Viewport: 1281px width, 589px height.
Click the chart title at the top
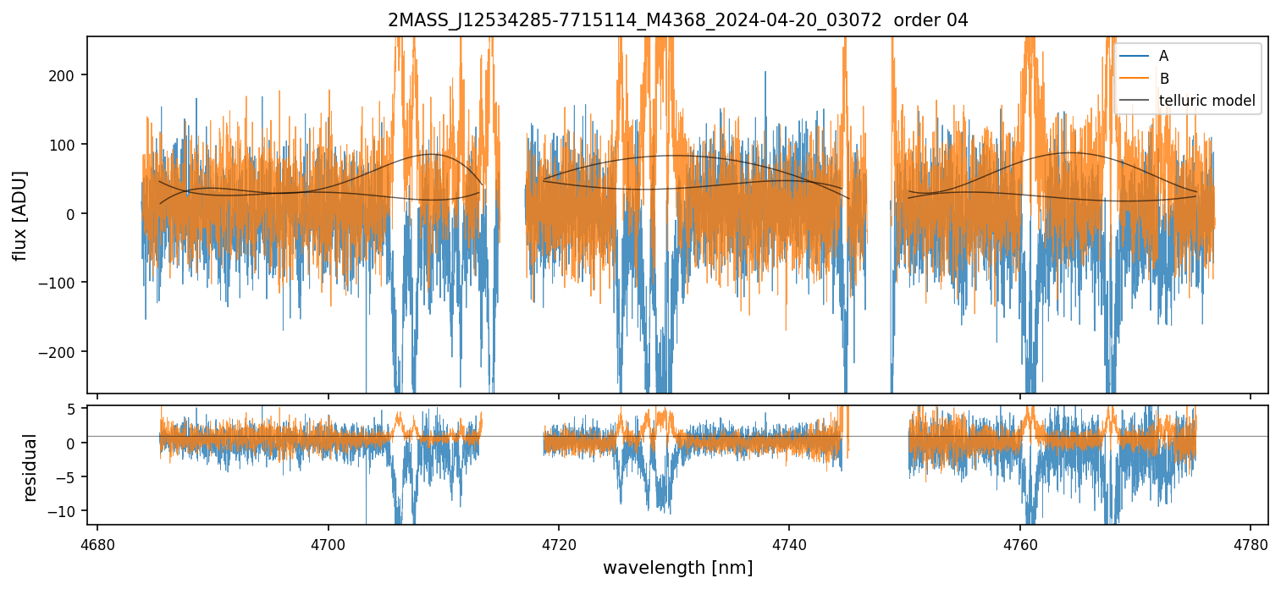coord(677,20)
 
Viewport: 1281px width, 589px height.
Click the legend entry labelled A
coord(1163,56)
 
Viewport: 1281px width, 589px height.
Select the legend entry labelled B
coord(1163,79)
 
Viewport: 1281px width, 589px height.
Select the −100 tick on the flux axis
coord(67,283)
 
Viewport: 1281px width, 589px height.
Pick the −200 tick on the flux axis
coord(67,352)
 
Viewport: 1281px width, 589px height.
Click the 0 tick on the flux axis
coord(77,213)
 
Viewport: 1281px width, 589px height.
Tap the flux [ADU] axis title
coord(19,215)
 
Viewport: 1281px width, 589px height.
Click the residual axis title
coord(30,467)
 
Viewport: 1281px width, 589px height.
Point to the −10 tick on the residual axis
coord(67,511)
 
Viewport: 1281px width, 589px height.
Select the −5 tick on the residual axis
coord(70,477)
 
